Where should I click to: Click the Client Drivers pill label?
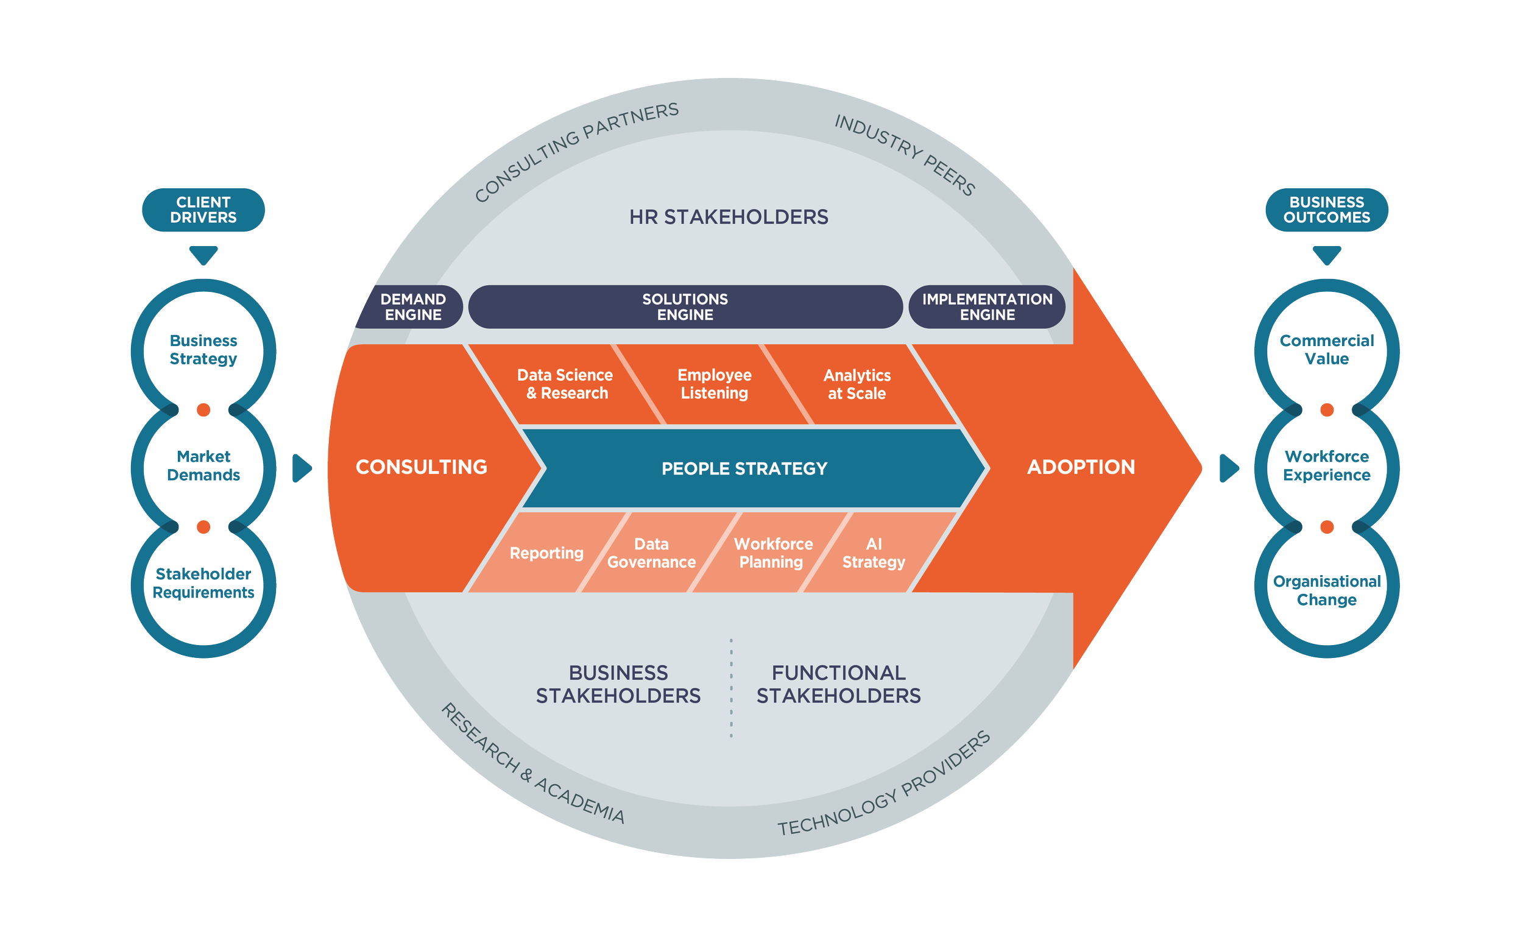(x=203, y=210)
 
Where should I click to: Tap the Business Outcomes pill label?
(x=1326, y=210)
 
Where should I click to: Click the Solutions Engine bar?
(x=685, y=307)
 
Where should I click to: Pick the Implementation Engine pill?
(x=987, y=307)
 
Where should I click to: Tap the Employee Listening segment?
(x=715, y=384)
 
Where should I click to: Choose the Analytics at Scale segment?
(x=857, y=384)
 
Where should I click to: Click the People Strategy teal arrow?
(x=744, y=468)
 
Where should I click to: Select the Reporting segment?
(x=546, y=553)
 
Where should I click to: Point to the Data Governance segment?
(x=651, y=553)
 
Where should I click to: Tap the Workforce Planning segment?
(x=772, y=553)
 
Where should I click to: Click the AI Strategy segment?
(x=874, y=553)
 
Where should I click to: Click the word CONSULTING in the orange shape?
(x=422, y=467)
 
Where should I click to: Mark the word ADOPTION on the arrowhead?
(x=1081, y=467)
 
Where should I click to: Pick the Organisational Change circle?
(x=1326, y=591)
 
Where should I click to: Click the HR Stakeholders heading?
(x=729, y=217)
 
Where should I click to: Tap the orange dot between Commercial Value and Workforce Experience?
(x=1326, y=410)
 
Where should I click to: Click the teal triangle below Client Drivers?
(x=203, y=254)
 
